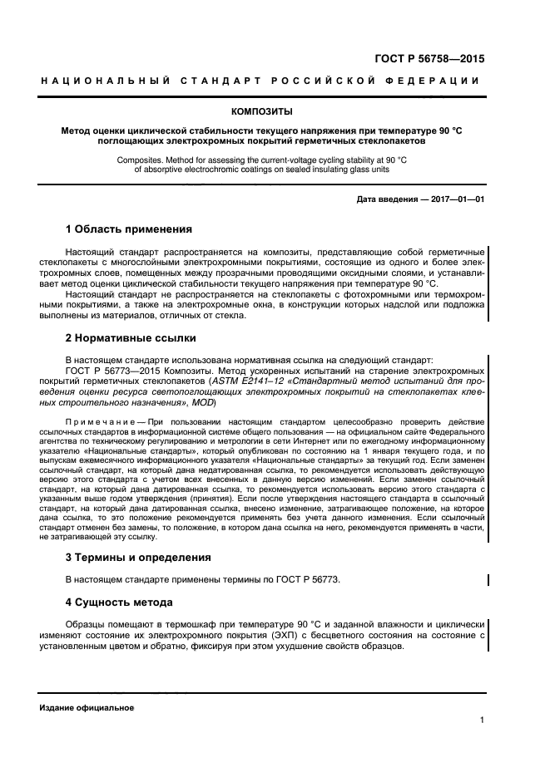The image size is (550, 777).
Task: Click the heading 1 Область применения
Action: point(128,229)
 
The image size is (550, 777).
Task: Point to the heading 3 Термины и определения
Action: point(137,557)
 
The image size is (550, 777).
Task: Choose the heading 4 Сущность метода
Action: point(119,602)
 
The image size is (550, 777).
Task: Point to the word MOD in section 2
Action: point(203,402)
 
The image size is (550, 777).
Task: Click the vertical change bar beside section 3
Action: point(488,579)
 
